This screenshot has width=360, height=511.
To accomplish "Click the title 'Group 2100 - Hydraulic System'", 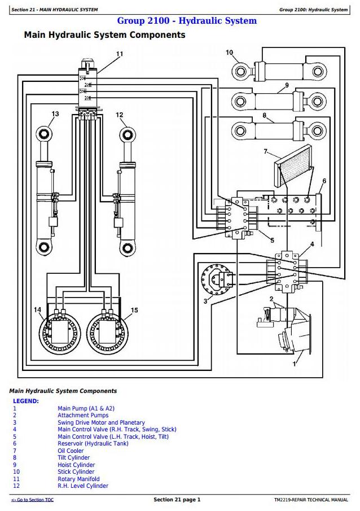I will [186, 21].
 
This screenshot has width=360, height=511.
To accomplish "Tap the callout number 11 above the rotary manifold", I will [119, 54].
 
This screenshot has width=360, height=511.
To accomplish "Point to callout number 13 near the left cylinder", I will [55, 114].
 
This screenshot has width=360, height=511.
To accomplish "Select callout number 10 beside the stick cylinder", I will [229, 53].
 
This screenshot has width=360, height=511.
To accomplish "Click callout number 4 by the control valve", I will [311, 244].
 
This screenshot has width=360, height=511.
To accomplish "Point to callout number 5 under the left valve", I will [271, 239].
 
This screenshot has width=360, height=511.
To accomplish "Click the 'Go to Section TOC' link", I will [33, 500].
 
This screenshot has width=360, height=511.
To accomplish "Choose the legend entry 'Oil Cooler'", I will [71, 451].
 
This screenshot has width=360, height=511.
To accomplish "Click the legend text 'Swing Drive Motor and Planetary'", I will [101, 422].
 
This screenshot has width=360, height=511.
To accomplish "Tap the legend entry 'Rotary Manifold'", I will [78, 479].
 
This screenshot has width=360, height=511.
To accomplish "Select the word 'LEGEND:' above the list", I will [26, 401].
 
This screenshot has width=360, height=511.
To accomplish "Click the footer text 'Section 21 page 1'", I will [177, 500].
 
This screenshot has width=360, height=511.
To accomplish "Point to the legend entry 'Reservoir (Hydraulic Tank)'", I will [93, 444].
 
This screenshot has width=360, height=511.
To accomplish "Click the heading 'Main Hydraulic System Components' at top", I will [104, 35].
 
